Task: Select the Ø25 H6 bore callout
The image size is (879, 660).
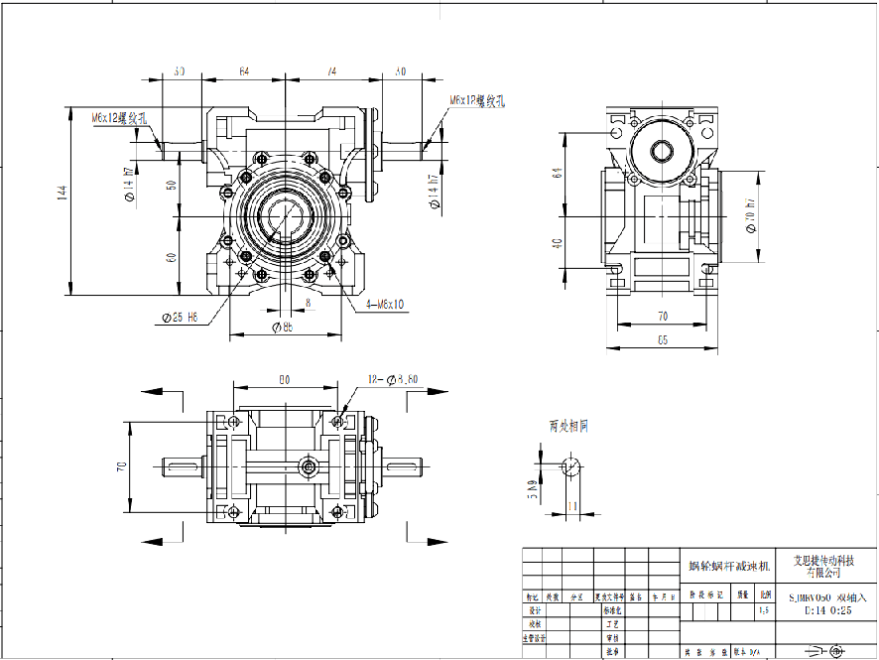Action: coord(180,318)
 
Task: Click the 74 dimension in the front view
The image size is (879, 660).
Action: coord(331,71)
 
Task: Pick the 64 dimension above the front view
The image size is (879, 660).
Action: coord(245,71)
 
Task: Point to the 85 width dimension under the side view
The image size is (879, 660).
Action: coord(663,340)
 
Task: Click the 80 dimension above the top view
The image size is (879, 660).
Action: coord(285,380)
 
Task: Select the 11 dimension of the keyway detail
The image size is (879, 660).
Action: coord(572,505)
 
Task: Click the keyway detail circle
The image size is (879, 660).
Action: coord(571,466)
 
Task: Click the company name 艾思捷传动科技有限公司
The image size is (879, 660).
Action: coord(822,566)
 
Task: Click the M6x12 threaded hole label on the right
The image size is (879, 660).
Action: coord(477,101)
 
